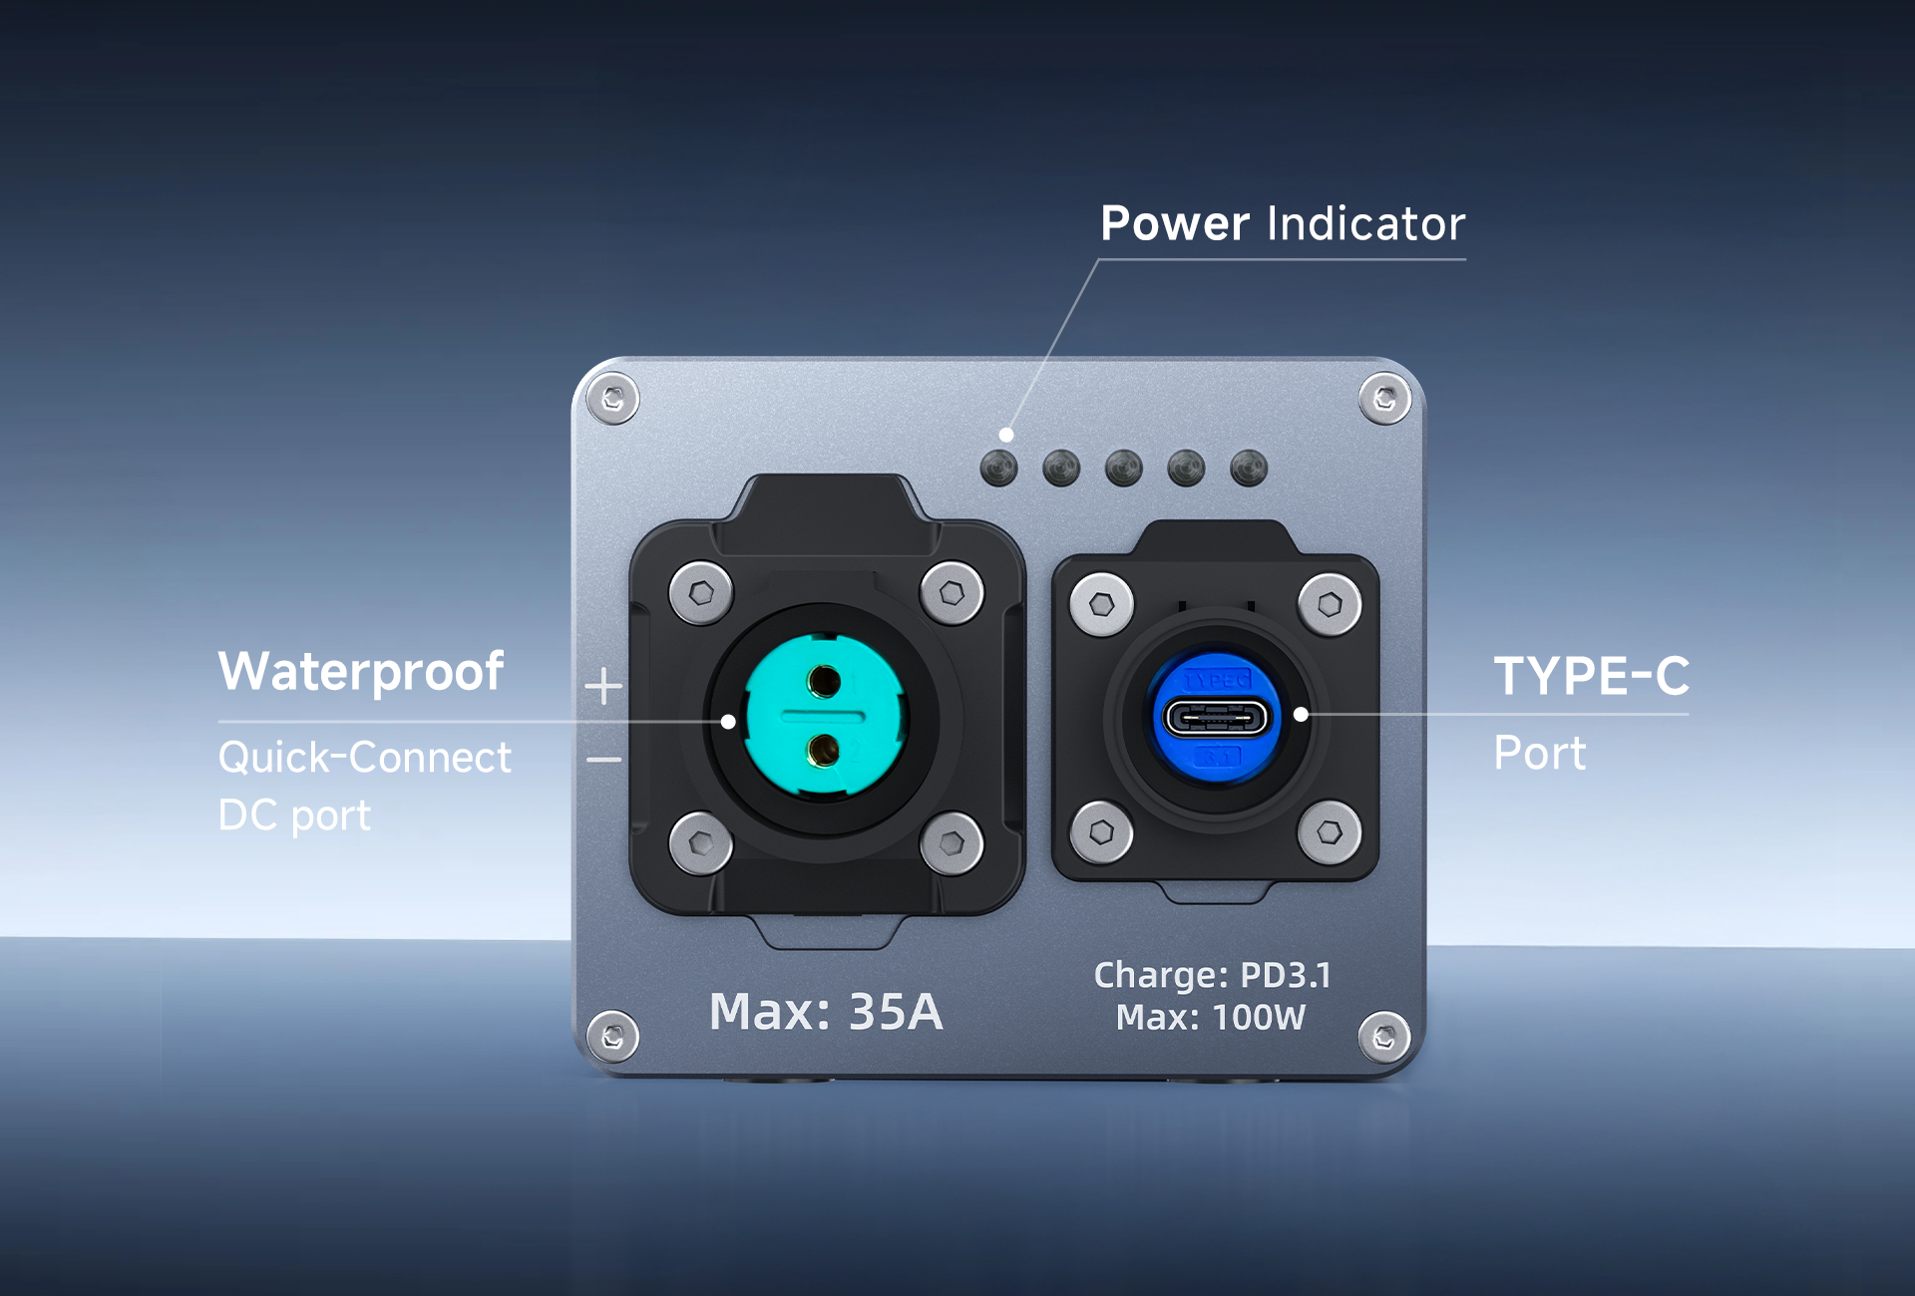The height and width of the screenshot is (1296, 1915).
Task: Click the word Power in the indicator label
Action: coord(1175,223)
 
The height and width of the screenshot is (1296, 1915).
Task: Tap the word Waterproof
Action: coord(361,672)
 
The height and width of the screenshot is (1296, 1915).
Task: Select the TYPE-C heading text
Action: coord(1592,676)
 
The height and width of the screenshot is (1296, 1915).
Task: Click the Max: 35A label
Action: coord(826,1012)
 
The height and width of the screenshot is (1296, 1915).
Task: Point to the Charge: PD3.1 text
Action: coord(1213,975)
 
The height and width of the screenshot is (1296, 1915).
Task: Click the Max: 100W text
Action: coord(1211,1018)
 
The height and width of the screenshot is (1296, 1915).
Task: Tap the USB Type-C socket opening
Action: coord(1217,718)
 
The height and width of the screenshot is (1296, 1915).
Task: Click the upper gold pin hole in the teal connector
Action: coord(825,682)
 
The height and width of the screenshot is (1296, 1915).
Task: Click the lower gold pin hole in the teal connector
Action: coord(823,750)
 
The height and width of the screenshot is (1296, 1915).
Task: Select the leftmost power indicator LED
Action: coord(998,468)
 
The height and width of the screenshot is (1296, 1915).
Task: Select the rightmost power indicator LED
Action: coord(1249,468)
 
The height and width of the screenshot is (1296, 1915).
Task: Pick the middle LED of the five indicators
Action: coord(1124,468)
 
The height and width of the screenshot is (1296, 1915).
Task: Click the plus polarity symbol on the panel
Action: coord(603,687)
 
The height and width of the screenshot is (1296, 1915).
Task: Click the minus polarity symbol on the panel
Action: coord(603,760)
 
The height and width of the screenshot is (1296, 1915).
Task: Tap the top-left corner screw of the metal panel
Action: coord(612,399)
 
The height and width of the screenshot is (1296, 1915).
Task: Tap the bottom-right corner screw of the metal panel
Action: coord(1384,1038)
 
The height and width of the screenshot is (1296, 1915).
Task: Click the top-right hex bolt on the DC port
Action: coord(953,594)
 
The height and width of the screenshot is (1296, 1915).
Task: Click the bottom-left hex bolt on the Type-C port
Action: coord(1101,832)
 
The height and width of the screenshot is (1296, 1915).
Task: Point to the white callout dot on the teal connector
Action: coord(728,722)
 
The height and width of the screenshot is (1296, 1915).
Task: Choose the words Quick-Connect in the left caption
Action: coord(365,758)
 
